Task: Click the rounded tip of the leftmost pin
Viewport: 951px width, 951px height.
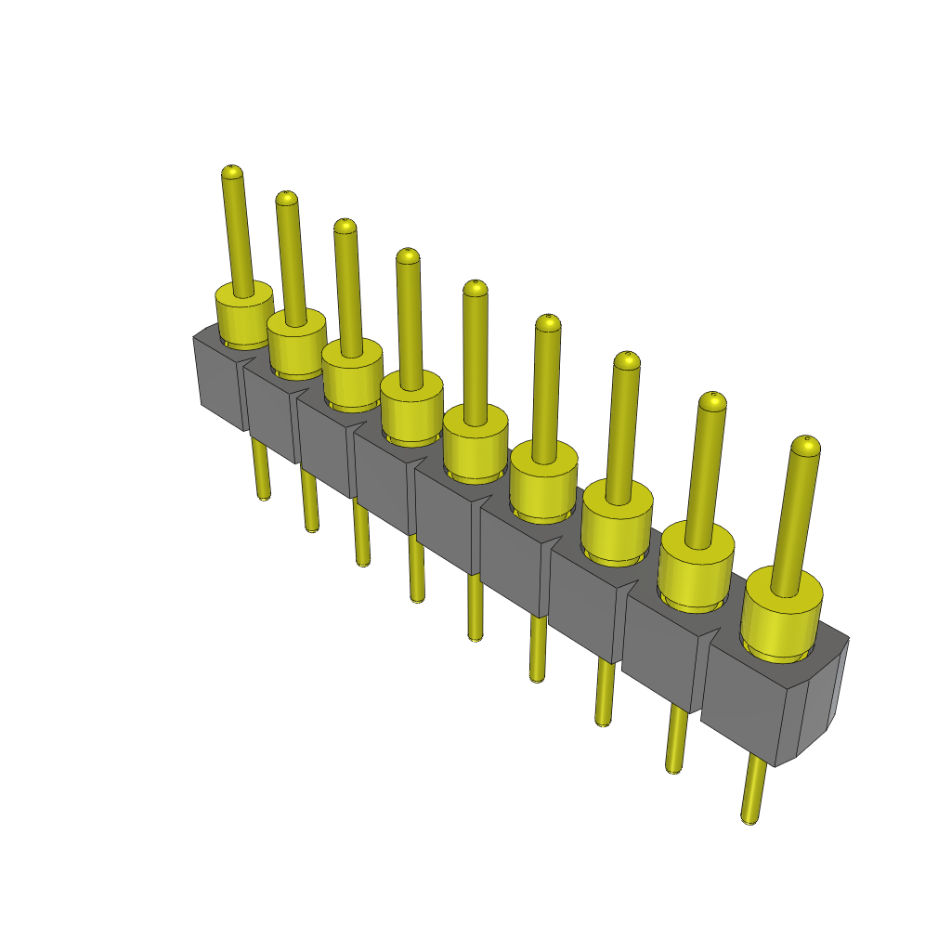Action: [231, 172]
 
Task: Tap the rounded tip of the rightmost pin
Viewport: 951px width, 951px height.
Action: [805, 445]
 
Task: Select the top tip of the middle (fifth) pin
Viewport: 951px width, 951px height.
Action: [475, 287]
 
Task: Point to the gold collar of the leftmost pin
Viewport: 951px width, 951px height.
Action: [243, 317]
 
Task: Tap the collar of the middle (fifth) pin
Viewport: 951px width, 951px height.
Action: [475, 443]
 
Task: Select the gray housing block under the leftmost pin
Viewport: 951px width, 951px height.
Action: [221, 385]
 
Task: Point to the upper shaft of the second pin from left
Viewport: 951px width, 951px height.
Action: [291, 260]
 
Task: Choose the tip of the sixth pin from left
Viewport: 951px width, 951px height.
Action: [548, 323]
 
